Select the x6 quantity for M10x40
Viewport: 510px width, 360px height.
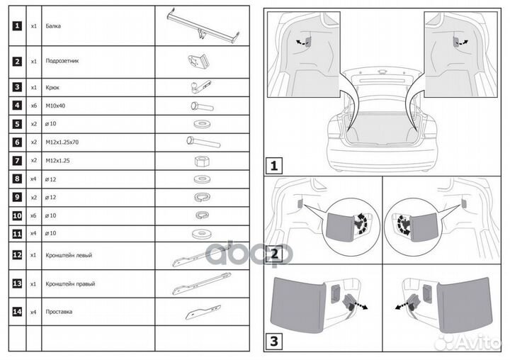point(33,105)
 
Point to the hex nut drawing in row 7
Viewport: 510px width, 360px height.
point(200,161)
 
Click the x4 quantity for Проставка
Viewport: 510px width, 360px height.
point(33,312)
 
